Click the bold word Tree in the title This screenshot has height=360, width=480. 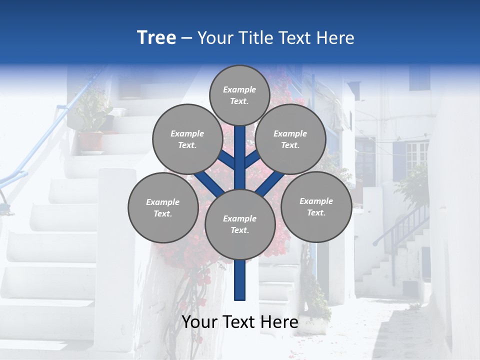point(156,37)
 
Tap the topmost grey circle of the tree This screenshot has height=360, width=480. point(239,95)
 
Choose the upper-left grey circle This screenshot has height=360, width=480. point(187,139)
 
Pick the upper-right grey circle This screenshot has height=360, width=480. point(290,139)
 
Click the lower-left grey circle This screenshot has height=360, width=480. point(163,207)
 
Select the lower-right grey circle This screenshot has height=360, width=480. point(316,206)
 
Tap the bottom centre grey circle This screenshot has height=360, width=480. point(240,224)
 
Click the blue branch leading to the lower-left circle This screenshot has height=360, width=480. point(209,183)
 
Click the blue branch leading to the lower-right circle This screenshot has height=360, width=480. point(270,183)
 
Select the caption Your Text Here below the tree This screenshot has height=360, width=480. point(239,322)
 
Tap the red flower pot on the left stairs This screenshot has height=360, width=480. point(90,141)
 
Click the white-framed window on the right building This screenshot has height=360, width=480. point(416,156)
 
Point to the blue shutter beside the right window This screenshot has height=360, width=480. point(399,160)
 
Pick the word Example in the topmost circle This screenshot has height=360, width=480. point(239,89)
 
